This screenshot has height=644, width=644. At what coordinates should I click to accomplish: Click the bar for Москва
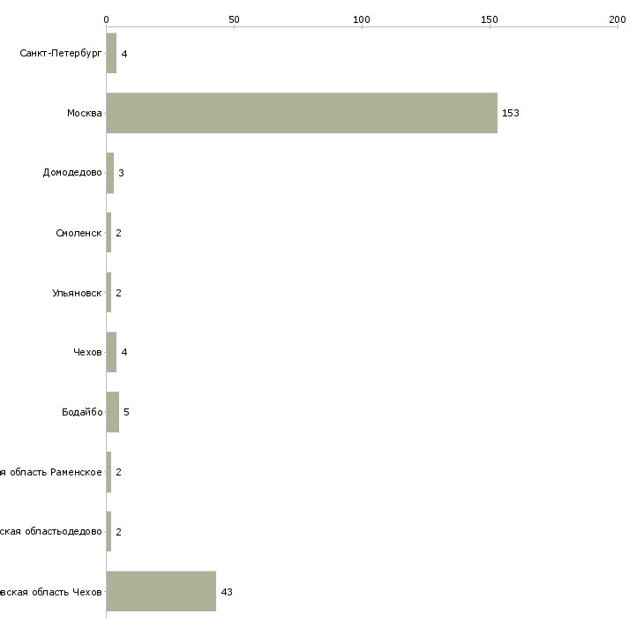(302, 113)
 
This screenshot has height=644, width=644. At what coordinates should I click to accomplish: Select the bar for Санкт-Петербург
(111, 54)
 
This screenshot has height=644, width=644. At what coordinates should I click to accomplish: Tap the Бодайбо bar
(113, 412)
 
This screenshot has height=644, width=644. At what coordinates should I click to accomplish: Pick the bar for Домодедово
(110, 173)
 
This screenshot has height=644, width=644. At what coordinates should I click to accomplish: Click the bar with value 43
(161, 591)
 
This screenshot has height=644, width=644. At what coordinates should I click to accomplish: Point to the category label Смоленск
(79, 233)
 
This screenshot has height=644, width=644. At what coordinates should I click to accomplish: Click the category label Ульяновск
(77, 293)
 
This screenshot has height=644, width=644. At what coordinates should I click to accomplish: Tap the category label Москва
(85, 114)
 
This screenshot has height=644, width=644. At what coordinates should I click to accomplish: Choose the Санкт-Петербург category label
(61, 54)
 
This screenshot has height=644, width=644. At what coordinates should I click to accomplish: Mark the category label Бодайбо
(82, 412)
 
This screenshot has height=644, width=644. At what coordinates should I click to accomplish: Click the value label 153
(511, 114)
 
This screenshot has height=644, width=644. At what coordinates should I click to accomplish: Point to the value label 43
(227, 592)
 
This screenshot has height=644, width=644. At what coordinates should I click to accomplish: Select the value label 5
(126, 412)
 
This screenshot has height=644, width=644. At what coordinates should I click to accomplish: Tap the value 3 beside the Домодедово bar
(121, 173)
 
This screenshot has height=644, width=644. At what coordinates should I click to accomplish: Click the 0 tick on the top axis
(107, 19)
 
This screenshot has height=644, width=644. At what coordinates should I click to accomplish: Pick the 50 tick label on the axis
(234, 19)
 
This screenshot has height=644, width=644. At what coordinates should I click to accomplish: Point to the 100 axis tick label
(362, 19)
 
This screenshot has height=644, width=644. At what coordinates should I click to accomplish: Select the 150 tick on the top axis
(490, 19)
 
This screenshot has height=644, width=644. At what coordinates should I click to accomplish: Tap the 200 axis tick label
(618, 19)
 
